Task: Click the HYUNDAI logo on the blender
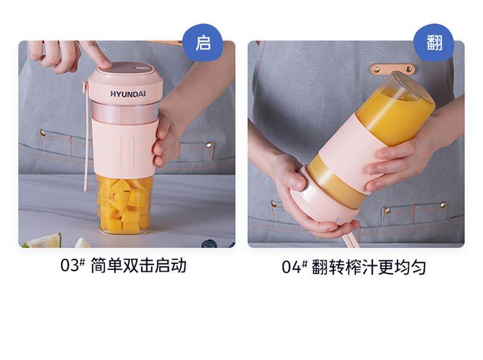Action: click(x=128, y=94)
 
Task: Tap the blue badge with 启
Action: click(x=203, y=43)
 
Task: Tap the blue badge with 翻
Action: click(x=433, y=43)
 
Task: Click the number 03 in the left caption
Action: click(x=70, y=265)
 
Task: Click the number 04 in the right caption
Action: click(x=291, y=267)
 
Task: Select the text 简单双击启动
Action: click(x=138, y=265)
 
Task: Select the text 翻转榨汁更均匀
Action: click(x=369, y=267)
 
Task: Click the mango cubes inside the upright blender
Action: click(x=125, y=205)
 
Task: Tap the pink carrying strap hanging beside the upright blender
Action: click(x=86, y=135)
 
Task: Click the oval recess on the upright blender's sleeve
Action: click(x=127, y=152)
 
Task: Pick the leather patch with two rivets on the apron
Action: click(x=392, y=70)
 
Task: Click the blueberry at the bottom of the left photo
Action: click(x=209, y=244)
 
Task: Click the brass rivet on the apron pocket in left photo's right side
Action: click(x=209, y=145)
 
